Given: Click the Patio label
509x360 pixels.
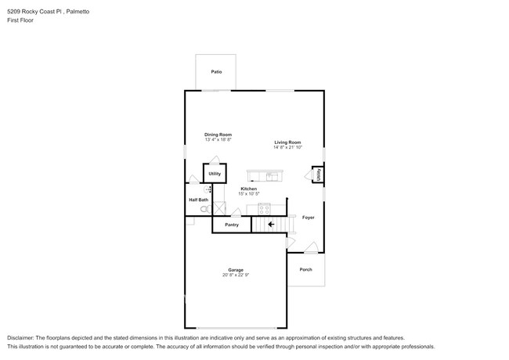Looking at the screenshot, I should (x=216, y=72).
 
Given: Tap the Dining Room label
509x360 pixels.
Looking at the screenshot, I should (x=218, y=135).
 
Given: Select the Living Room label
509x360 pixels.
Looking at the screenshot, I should (x=287, y=142).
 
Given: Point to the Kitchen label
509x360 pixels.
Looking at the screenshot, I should (x=248, y=189).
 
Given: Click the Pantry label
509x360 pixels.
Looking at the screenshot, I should (x=232, y=225).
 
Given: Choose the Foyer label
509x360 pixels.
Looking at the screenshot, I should (x=308, y=218).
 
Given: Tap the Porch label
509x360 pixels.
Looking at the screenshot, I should (x=305, y=269).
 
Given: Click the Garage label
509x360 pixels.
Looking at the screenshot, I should (x=236, y=269).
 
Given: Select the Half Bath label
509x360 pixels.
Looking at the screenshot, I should (x=198, y=200).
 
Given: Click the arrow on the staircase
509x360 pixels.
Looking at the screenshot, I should (x=271, y=225).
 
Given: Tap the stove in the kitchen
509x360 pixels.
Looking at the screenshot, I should (x=264, y=208).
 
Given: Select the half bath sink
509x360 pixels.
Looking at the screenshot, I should (x=208, y=189).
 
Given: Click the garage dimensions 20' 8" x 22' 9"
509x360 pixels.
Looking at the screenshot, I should (x=236, y=275).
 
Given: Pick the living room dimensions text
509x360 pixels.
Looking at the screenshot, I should (x=287, y=147).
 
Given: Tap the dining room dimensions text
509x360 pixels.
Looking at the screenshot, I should (x=218, y=140).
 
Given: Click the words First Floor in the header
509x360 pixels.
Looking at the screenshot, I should (x=20, y=20).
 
